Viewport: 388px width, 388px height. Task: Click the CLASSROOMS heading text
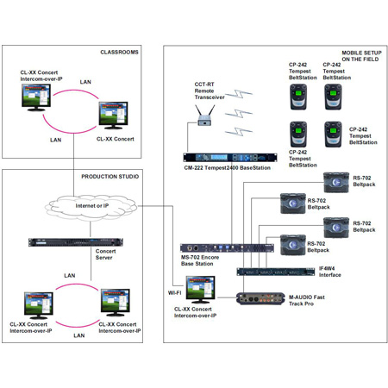pos(119,53)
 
